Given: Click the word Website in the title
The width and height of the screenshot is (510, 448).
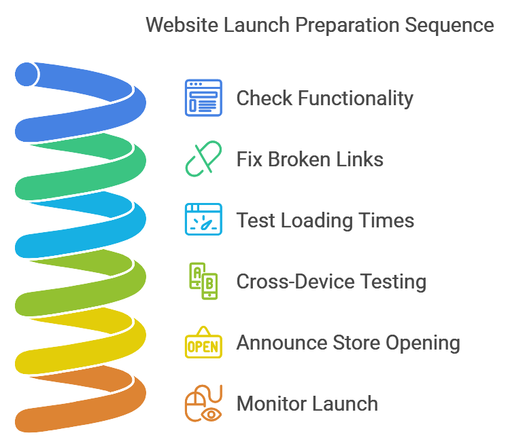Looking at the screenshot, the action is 182,25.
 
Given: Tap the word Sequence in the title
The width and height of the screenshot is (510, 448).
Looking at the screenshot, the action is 449,26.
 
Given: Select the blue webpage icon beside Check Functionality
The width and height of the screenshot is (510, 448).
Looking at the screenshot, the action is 203,98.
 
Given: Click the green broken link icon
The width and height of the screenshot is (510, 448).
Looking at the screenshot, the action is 203,159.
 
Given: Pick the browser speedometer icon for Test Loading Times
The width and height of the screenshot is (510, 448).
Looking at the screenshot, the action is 203,219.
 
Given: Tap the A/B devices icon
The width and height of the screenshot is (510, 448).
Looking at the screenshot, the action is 203,281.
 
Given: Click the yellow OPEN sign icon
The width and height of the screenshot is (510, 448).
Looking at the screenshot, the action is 203,342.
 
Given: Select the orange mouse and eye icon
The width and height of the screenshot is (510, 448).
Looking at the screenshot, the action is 203,403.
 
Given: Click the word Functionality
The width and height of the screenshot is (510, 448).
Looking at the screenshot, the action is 356,98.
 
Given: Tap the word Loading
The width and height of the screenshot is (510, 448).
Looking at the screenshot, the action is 317,221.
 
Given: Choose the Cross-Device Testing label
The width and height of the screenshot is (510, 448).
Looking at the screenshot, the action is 331,282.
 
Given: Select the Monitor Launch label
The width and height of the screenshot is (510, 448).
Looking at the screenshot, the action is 307,404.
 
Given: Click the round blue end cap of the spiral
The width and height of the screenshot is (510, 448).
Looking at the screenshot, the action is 27,75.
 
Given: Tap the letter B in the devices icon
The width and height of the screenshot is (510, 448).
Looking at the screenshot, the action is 209,284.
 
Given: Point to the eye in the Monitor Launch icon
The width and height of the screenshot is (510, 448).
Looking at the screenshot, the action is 211,414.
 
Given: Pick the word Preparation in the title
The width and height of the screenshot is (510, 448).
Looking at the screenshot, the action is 347,26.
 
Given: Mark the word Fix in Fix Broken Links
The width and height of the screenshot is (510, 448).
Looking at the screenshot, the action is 249,160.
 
